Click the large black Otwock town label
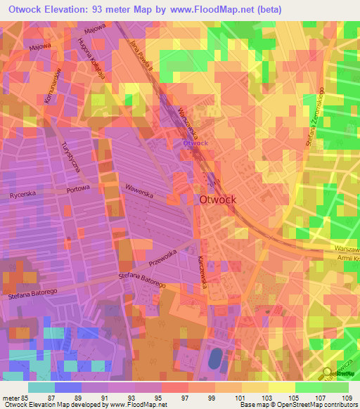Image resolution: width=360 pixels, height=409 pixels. (218, 200)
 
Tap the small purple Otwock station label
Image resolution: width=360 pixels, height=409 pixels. (195, 143)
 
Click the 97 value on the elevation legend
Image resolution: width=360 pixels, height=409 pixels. (174, 398)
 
